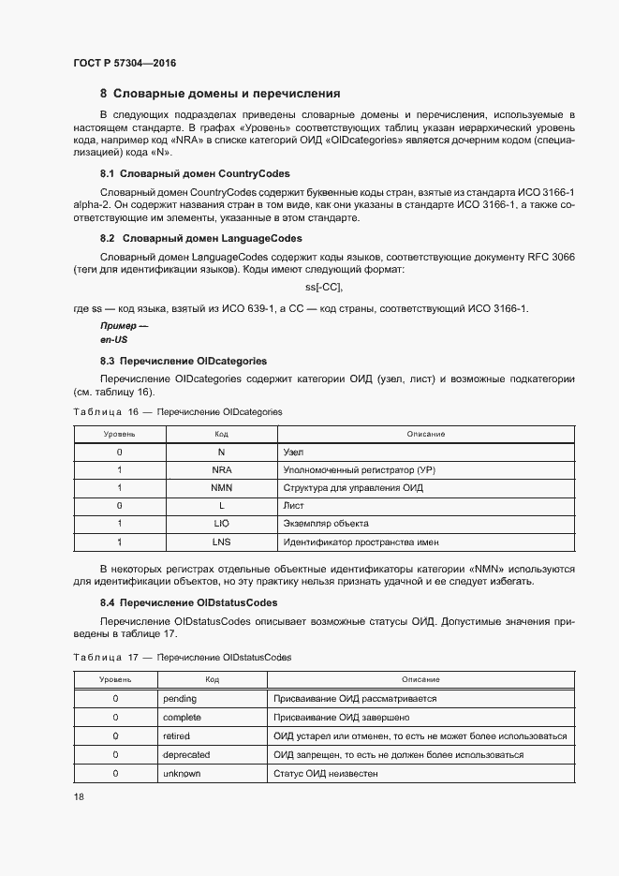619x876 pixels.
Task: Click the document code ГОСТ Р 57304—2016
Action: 124,63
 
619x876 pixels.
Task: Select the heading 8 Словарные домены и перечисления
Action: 220,94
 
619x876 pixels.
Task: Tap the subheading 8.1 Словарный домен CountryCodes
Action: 195,174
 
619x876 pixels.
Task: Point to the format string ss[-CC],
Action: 324,286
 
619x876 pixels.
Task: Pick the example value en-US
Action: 113,339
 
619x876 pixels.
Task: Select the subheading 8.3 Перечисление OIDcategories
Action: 184,361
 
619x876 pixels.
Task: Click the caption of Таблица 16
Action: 177,411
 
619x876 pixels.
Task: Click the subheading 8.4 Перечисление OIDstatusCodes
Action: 189,602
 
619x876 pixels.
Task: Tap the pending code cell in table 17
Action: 180,699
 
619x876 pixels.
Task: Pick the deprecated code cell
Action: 186,754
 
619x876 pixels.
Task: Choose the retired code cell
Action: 176,736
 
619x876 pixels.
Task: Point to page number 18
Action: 78,797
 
